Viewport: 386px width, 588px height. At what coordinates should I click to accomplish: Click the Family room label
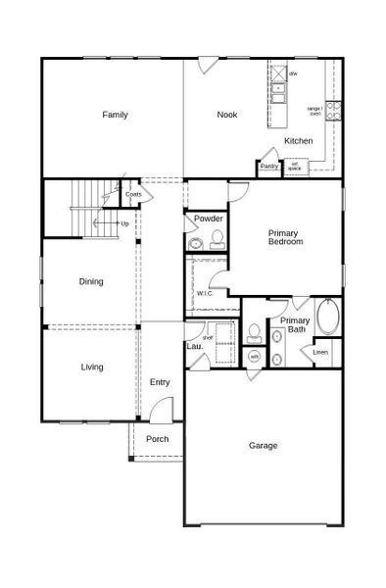[x=116, y=115]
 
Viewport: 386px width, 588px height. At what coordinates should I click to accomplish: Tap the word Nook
[x=227, y=115]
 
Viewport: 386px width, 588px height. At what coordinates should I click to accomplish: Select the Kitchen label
[x=299, y=141]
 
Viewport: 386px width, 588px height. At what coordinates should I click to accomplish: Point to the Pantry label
[x=268, y=167]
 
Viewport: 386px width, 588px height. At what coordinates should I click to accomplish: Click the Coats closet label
[x=133, y=194]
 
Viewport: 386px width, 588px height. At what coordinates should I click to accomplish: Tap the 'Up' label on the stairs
[x=124, y=223]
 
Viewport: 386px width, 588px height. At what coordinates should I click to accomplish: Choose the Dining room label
[x=91, y=281]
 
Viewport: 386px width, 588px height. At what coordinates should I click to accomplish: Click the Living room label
[x=92, y=367]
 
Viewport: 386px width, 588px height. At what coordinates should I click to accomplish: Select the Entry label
[x=161, y=382]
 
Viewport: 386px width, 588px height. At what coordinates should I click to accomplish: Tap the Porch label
[x=157, y=439]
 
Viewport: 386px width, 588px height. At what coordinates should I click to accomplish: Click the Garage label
[x=263, y=445]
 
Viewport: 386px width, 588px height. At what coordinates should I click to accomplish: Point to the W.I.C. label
[x=205, y=293]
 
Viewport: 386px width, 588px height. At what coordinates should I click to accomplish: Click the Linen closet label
[x=320, y=351]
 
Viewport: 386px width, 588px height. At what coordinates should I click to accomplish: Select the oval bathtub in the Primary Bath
[x=328, y=318]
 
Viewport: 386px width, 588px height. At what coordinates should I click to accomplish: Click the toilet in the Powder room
[x=217, y=240]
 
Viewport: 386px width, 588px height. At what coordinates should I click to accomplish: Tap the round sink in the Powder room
[x=195, y=243]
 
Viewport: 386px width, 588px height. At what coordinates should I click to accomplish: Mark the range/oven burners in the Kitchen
[x=333, y=105]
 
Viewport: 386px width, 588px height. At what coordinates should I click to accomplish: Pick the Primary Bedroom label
[x=286, y=236]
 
